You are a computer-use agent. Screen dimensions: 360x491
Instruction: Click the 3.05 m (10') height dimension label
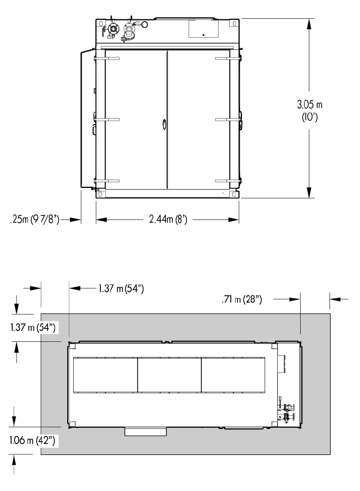[309, 110]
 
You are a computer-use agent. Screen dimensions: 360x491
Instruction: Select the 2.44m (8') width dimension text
[168, 219]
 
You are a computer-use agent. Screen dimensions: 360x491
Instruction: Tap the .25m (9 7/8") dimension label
[34, 219]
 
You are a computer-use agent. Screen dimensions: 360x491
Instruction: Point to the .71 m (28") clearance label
[241, 299]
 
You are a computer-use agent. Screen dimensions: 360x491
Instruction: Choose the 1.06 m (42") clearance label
[32, 440]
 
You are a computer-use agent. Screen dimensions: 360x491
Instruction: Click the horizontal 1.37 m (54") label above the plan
[121, 288]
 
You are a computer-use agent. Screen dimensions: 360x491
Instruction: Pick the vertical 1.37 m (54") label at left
[33, 328]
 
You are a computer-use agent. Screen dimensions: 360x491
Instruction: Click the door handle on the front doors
[164, 124]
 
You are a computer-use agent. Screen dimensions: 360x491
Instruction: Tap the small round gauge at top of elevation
[144, 24]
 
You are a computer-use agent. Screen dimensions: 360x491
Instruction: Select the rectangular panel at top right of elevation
[204, 29]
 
